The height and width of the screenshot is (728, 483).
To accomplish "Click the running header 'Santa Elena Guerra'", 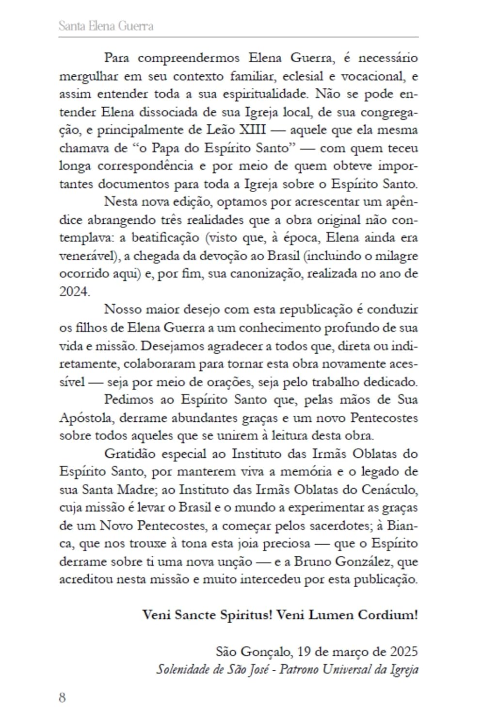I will (x=106, y=26).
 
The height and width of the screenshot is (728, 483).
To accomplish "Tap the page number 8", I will (x=63, y=697).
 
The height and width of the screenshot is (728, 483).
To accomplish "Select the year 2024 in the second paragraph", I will (x=74, y=291).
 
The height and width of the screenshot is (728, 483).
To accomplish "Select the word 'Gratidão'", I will (x=129, y=454).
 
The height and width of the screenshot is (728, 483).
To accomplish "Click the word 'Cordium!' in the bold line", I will (x=387, y=615).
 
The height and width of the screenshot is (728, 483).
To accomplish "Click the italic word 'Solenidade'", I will (x=182, y=670).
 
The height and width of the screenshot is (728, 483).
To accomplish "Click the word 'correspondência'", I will (x=147, y=166).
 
